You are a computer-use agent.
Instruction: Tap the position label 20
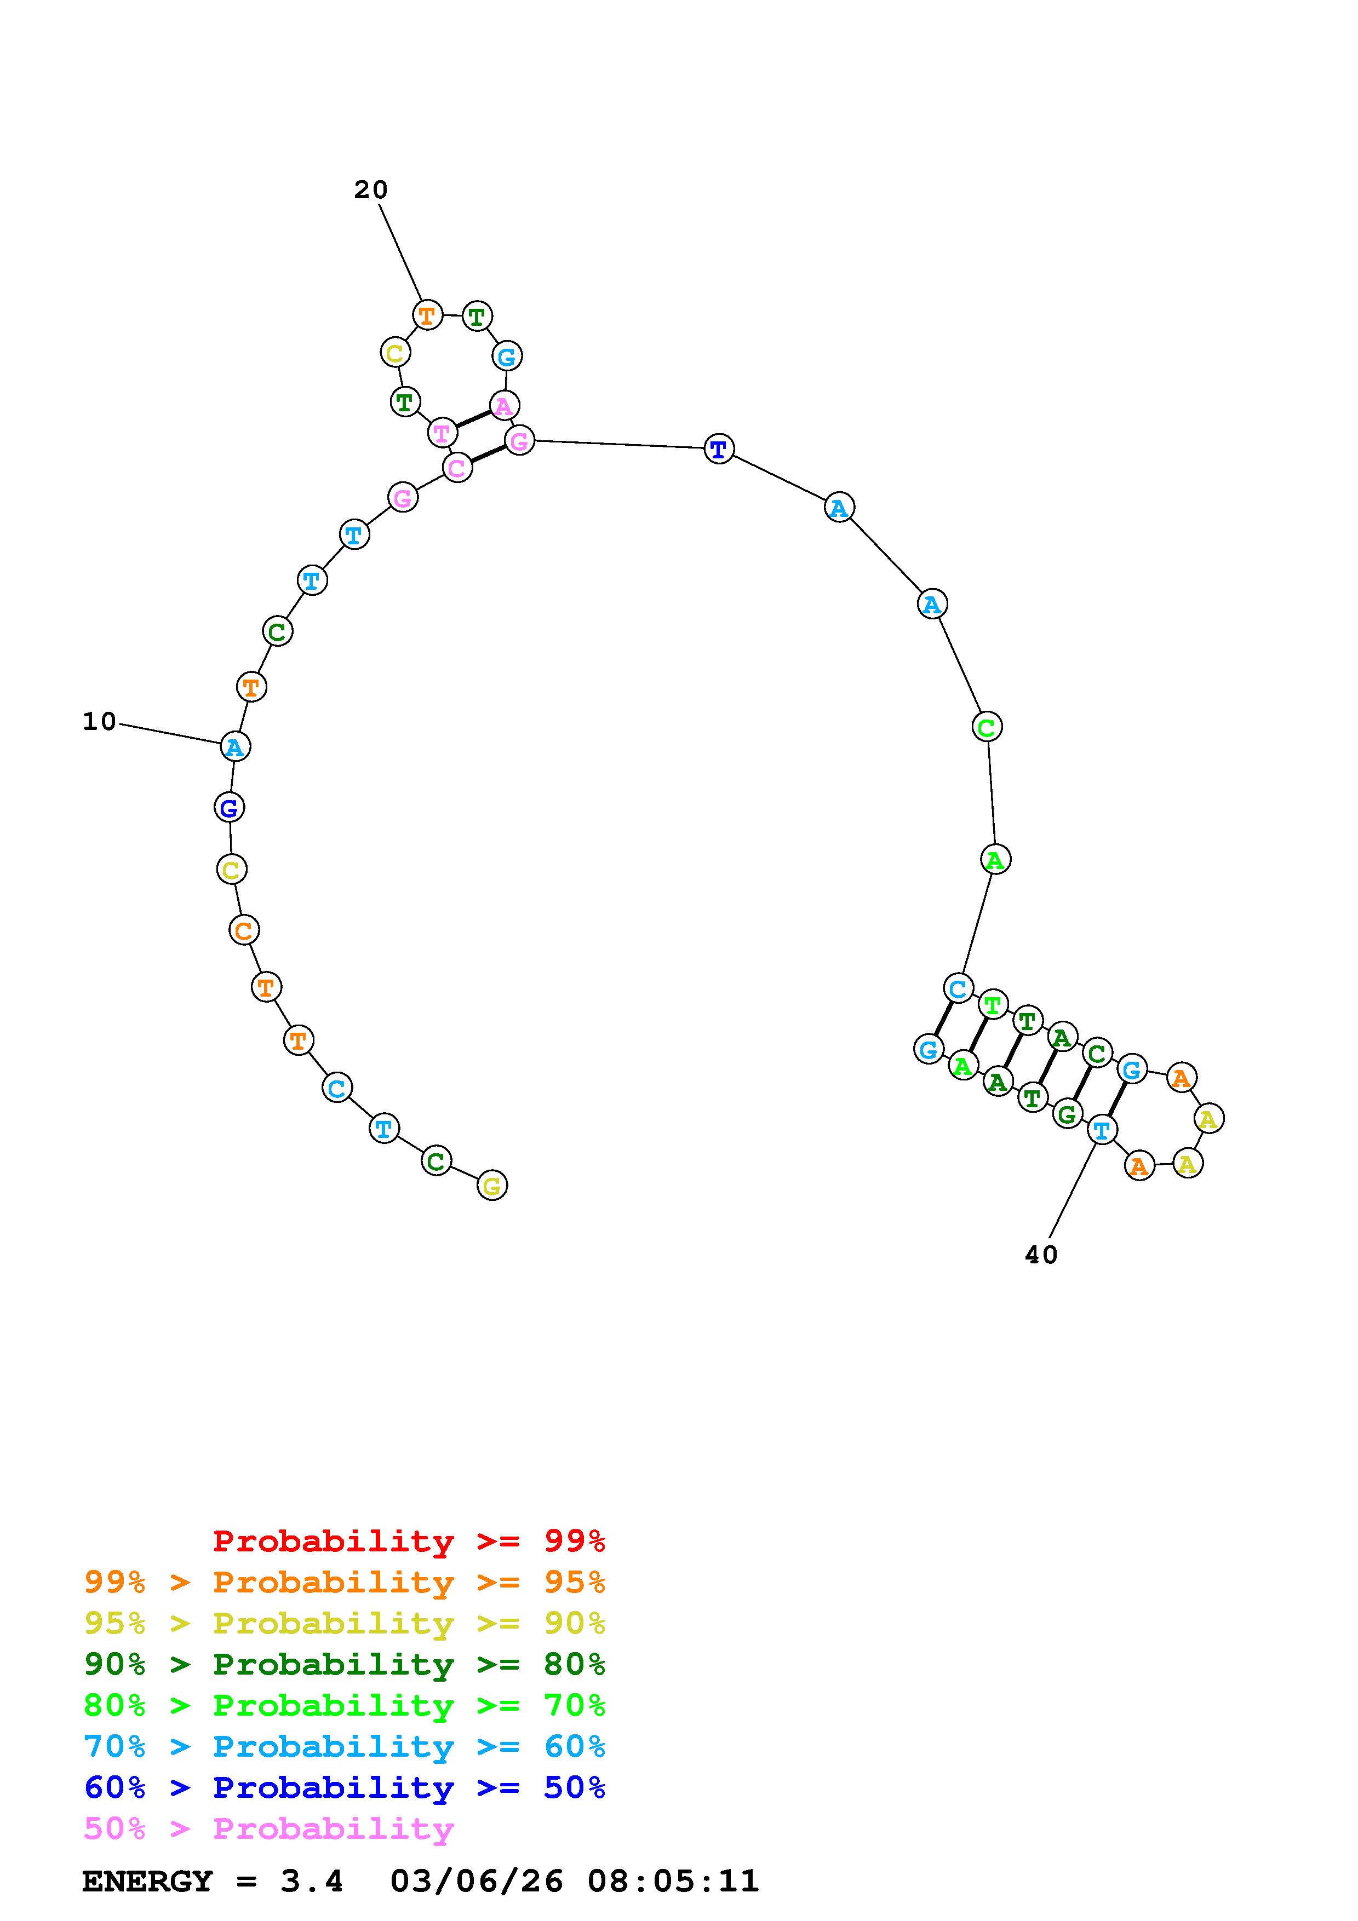(371, 190)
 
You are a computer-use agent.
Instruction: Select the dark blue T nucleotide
(719, 449)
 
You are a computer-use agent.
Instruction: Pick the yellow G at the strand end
(492, 1186)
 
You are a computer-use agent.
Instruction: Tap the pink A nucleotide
(504, 406)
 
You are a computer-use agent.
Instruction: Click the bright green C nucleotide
(987, 727)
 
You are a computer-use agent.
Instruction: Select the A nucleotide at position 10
(235, 746)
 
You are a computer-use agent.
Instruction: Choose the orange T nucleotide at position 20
(428, 315)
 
